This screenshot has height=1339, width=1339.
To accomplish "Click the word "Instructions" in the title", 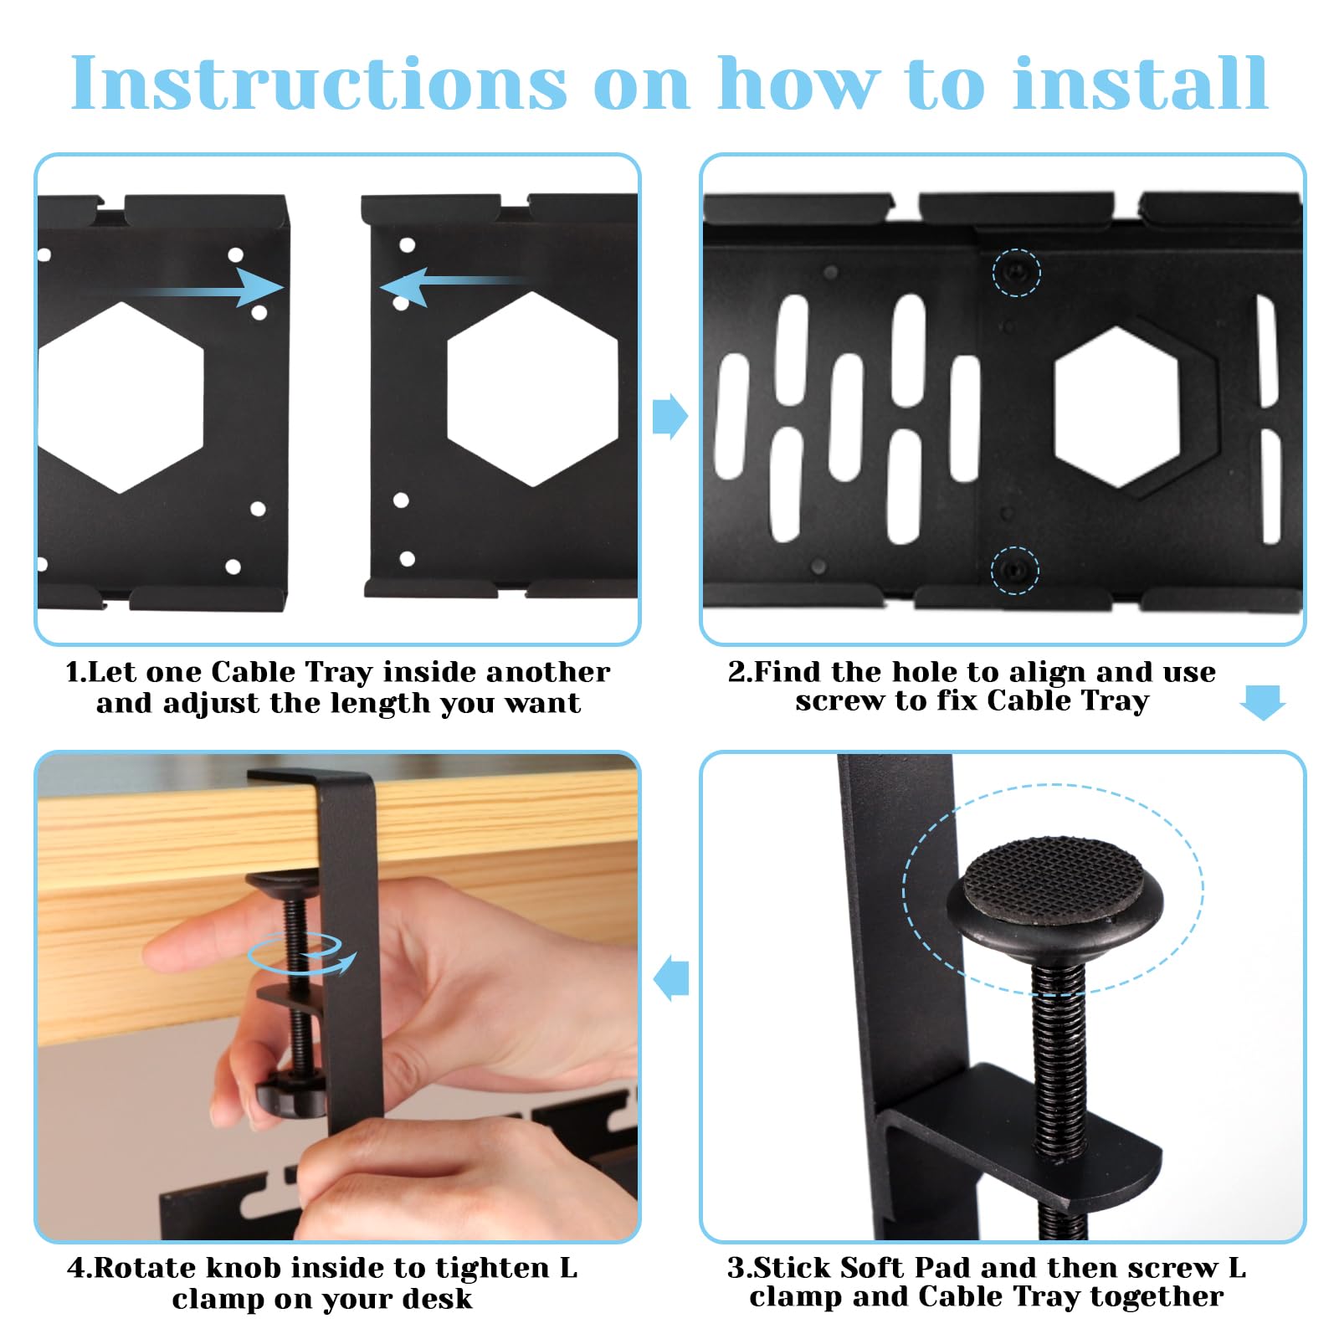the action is click(x=319, y=83).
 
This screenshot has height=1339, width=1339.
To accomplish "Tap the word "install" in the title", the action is click(x=1140, y=83).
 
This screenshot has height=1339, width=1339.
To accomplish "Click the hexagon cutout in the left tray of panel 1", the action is click(x=121, y=397).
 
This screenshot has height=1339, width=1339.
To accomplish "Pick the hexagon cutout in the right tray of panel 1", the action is click(x=532, y=389).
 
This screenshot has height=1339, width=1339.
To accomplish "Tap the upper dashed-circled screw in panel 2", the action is click(x=1016, y=272).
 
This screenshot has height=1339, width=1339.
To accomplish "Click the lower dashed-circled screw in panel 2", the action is click(x=1014, y=571).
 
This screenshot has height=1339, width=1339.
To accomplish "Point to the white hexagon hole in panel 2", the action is click(x=1116, y=408).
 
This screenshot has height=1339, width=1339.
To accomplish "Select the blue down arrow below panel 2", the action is click(x=1262, y=702).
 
